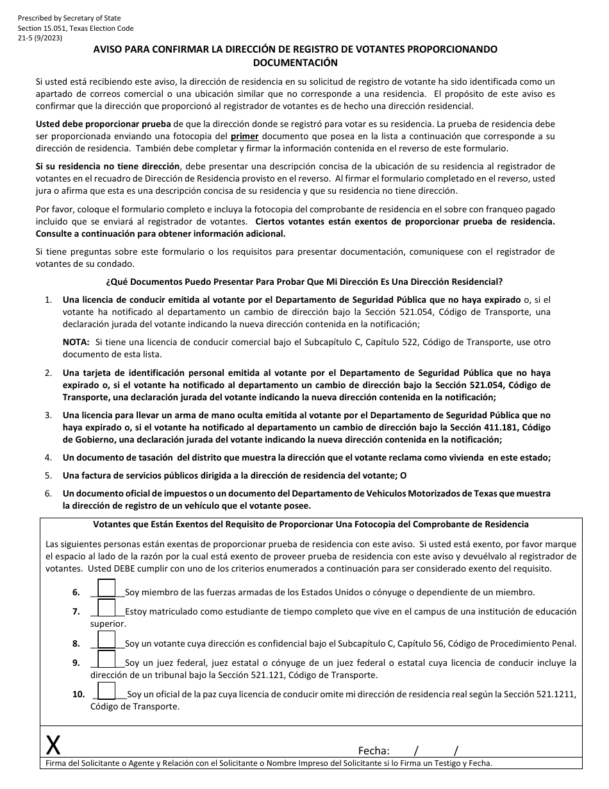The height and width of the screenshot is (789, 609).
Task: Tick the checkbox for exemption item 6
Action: click(107, 588)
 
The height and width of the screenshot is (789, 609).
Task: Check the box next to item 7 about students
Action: click(107, 607)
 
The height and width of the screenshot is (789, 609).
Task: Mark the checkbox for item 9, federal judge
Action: click(107, 659)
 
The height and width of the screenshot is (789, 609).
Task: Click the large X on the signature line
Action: click(54, 745)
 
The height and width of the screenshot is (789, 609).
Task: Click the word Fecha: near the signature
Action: click(374, 751)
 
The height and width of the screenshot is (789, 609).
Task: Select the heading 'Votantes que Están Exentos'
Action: click(311, 525)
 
